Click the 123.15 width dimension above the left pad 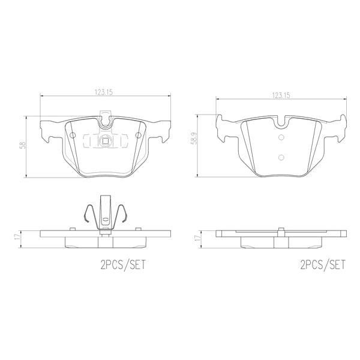point(104,92)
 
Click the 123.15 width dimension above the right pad point(281,95)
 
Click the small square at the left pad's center point(106,142)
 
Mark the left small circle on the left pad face point(73,136)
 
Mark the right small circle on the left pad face point(139,136)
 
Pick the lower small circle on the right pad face point(281,157)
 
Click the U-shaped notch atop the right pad point(281,124)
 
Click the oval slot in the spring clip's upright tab point(106,220)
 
